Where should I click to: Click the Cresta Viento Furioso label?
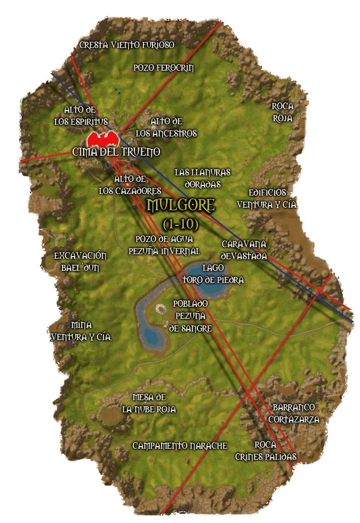point(127,45)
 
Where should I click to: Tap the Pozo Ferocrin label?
point(164,68)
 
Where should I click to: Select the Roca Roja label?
point(282,112)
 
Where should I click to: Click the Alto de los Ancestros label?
point(166,127)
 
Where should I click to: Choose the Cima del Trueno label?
point(116,152)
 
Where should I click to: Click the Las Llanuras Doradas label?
point(202,178)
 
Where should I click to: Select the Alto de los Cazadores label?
point(130,185)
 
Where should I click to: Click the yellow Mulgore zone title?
point(181,205)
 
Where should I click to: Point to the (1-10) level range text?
point(180,223)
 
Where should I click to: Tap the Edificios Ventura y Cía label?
point(267,199)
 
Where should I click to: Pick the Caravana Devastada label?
point(244,250)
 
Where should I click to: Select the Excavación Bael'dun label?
point(80,262)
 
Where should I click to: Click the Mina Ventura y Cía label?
point(81,331)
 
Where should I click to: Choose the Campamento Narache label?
point(180,446)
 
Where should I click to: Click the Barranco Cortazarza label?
point(294,413)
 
